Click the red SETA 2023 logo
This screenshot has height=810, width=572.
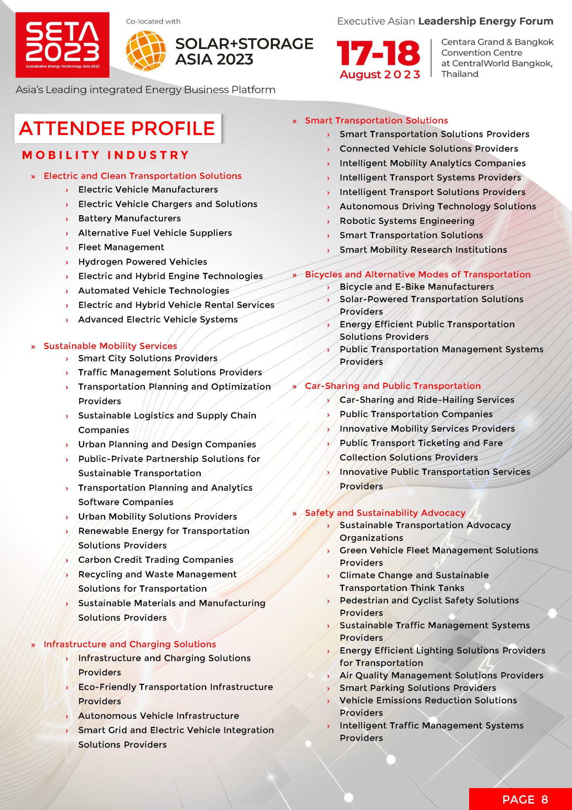point(62,45)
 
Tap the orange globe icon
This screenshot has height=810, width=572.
point(145,51)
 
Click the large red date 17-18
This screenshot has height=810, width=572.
point(378,53)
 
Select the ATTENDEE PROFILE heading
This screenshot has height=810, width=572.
point(117,129)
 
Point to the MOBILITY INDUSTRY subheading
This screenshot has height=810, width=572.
point(106,155)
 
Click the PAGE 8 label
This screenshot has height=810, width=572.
point(525,799)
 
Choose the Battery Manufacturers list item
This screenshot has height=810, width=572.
point(129,218)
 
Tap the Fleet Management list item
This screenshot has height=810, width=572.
point(121,247)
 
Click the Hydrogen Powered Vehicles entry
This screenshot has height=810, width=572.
point(142,262)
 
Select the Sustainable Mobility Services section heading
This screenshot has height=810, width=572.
point(110,346)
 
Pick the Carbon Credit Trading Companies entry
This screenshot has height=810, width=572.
point(156,560)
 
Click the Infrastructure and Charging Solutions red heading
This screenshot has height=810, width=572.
point(130,644)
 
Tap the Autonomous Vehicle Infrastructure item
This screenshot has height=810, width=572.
point(159,716)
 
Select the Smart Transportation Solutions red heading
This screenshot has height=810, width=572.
point(376,121)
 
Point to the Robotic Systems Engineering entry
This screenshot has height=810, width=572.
point(407,221)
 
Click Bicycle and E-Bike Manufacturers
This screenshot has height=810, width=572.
point(417,287)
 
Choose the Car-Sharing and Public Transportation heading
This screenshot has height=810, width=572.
point(393,386)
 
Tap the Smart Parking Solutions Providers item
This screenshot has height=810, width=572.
point(418,688)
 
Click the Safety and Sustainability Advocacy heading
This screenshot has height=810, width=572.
point(385,513)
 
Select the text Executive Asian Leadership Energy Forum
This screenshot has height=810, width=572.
point(445,21)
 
